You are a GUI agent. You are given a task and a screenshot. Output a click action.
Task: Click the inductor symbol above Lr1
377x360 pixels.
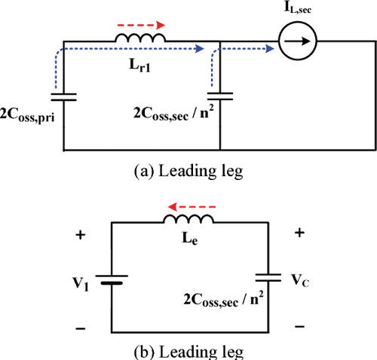click(x=140, y=38)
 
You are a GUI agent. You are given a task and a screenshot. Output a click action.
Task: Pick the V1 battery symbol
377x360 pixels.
click(x=112, y=282)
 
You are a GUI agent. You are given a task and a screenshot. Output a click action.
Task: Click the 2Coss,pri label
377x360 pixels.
click(x=33, y=118)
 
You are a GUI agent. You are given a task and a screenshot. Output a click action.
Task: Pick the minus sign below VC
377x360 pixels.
click(x=300, y=326)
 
